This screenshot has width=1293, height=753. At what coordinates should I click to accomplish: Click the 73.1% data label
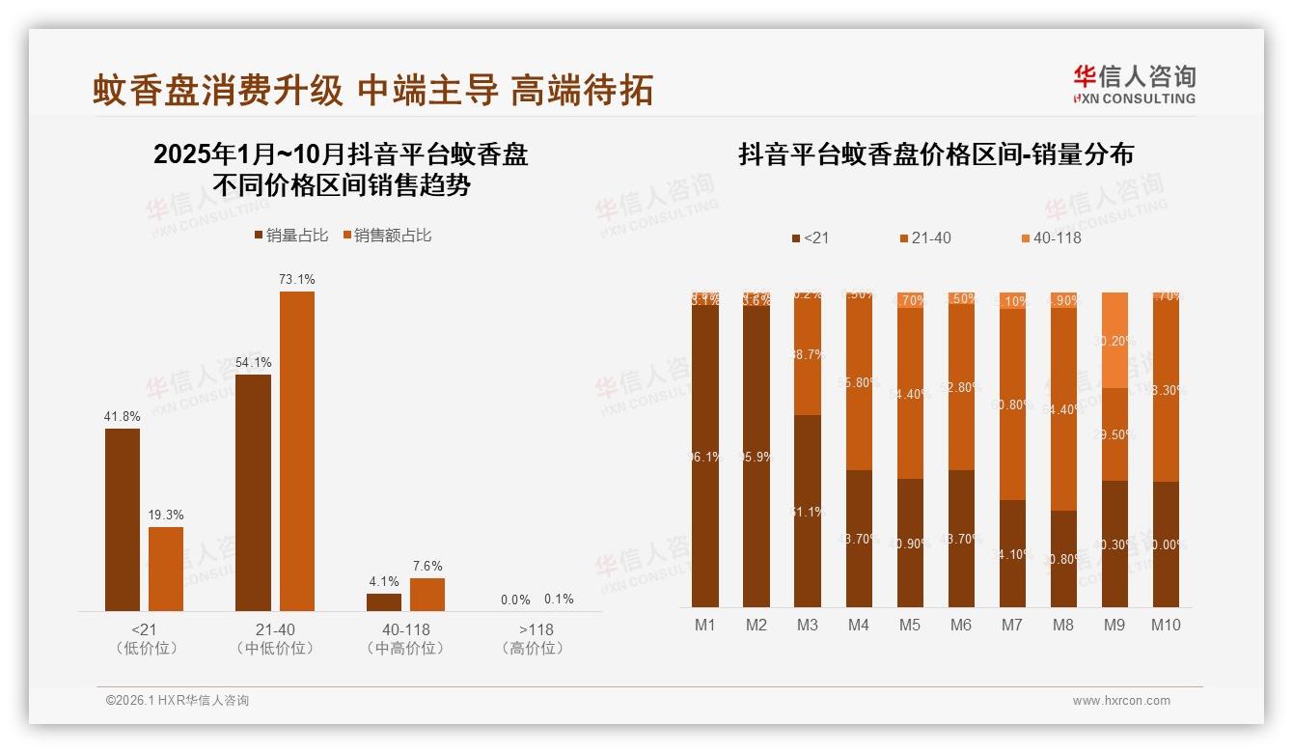click(x=297, y=280)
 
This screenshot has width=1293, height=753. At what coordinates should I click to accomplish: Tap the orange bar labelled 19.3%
click(x=166, y=569)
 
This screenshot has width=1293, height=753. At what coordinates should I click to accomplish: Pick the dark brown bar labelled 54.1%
click(x=253, y=492)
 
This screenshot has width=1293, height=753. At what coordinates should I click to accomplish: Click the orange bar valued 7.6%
click(x=427, y=595)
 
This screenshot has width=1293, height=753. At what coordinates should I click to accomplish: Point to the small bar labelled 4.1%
click(x=384, y=602)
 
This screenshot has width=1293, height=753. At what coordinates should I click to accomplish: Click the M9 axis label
click(x=1114, y=626)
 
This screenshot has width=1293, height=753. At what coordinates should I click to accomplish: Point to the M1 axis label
click(x=705, y=626)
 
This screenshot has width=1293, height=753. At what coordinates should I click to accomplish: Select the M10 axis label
click(x=1165, y=626)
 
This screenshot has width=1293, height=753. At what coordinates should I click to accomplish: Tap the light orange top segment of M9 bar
click(x=1114, y=340)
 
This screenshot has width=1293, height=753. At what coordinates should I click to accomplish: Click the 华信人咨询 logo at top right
click(x=1134, y=84)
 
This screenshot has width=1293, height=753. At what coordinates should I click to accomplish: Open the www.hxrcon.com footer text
click(x=1120, y=701)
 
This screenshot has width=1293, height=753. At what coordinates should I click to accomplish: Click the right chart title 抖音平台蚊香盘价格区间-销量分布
click(x=935, y=154)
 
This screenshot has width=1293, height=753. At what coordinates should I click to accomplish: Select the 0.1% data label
click(x=559, y=600)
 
